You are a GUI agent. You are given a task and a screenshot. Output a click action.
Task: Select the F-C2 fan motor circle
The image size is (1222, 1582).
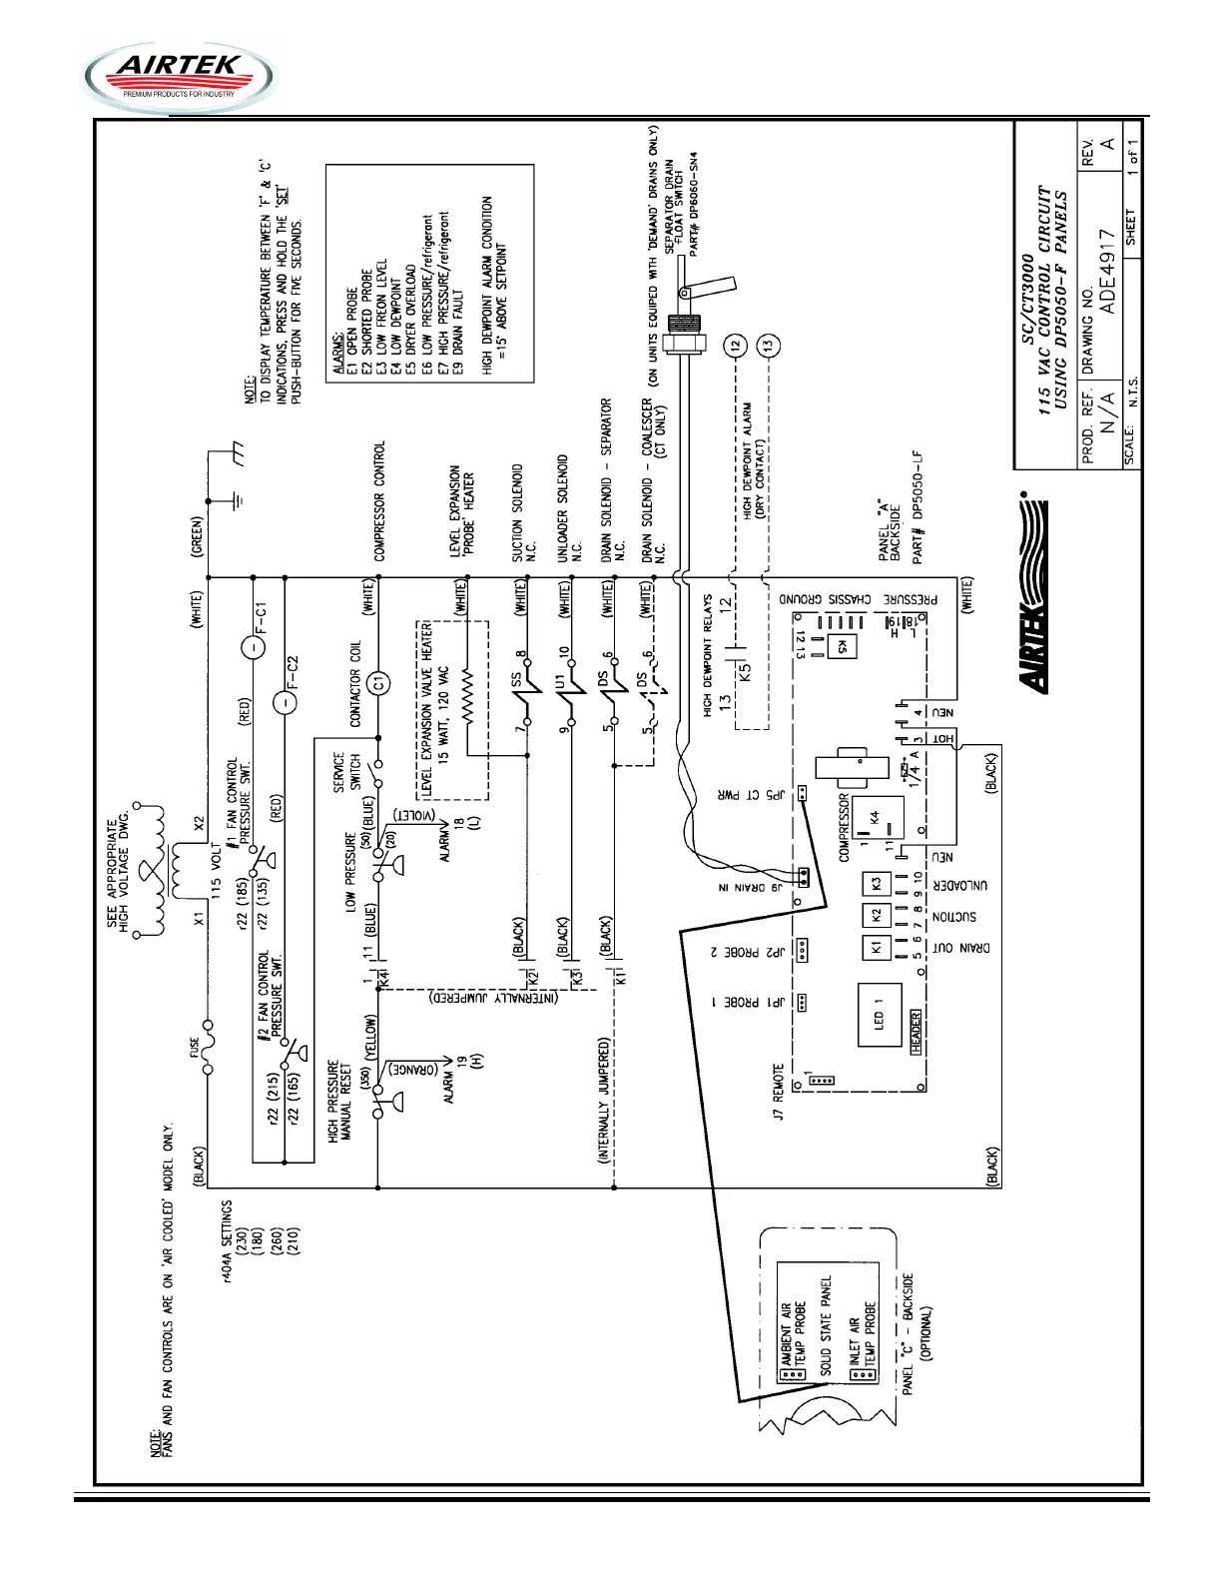click(285, 702)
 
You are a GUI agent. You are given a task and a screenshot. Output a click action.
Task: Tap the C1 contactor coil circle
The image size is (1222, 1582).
click(377, 683)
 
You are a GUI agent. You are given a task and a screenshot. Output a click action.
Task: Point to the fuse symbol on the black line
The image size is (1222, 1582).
click(208, 1046)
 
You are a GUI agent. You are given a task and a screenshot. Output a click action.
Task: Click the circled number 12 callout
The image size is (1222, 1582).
click(735, 346)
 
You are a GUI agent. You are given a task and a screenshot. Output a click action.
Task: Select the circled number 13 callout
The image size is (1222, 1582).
click(768, 346)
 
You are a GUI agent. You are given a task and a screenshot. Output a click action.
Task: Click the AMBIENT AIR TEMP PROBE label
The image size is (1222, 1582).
click(793, 1332)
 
